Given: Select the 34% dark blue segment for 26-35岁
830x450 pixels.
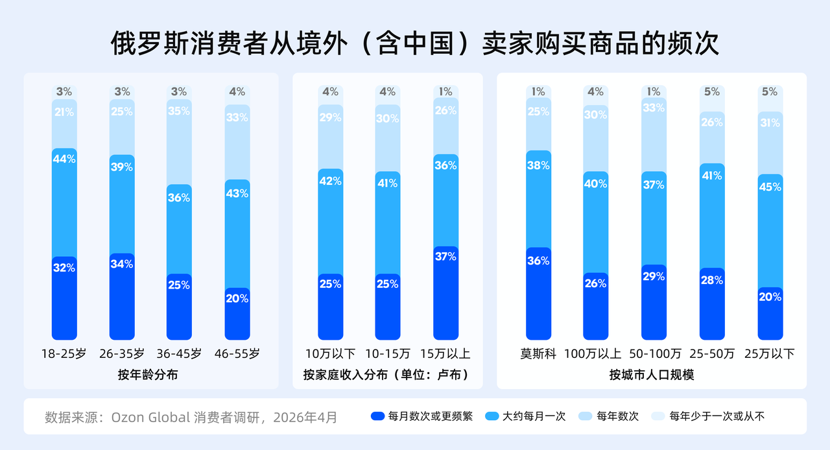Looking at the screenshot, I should click(x=122, y=296).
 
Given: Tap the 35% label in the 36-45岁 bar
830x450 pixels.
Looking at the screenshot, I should click(x=179, y=110).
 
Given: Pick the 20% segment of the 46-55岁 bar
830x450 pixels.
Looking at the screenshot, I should click(x=237, y=313).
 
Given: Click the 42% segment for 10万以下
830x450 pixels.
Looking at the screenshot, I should click(x=330, y=220).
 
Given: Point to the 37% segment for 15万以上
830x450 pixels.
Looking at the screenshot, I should click(x=445, y=292).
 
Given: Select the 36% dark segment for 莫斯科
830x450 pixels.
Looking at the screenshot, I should click(x=538, y=293).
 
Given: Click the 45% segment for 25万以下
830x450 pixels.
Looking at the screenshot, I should click(x=770, y=230).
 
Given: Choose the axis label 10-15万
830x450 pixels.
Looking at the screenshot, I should click(x=388, y=354).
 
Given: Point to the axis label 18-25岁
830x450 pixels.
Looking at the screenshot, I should click(x=64, y=354).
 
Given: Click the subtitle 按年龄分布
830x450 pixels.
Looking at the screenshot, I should click(x=148, y=375).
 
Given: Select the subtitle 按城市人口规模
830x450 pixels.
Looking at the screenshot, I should click(x=652, y=375).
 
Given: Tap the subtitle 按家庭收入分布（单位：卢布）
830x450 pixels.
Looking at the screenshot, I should click(x=387, y=375).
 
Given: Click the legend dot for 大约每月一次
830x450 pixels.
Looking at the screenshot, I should click(x=492, y=416).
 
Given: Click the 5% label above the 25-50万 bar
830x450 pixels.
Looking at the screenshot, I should click(x=711, y=92).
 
